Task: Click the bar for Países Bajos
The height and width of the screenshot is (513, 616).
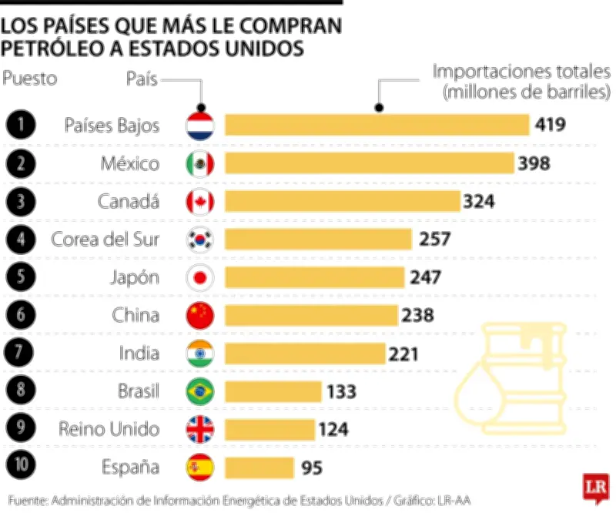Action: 377,126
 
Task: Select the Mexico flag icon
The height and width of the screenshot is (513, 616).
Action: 200,163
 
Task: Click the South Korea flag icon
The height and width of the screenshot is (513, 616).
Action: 200,240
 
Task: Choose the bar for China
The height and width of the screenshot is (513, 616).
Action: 311,315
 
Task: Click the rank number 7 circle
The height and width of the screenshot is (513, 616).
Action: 20,353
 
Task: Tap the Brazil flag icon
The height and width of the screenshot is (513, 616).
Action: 200,391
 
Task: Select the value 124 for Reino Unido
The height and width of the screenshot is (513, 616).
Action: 333,429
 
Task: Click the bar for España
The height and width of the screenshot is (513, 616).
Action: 259,467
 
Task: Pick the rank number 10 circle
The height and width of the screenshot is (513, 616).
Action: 20,467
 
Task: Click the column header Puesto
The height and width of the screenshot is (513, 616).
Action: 30,78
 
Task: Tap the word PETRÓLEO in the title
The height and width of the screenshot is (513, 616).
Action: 45,49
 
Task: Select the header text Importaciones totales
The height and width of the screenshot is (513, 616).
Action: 521,73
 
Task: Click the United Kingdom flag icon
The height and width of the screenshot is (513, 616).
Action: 200,429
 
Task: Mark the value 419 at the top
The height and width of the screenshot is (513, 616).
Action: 551,126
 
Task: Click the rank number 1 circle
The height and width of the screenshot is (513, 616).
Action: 20,126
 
